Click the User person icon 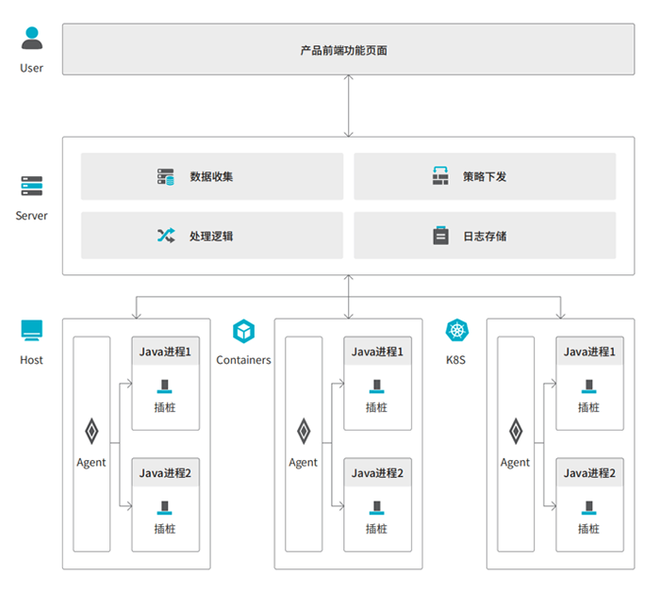[31, 38]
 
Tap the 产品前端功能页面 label [343, 51]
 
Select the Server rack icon [31, 186]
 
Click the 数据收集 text [211, 176]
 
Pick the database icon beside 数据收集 [165, 177]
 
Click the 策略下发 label [485, 176]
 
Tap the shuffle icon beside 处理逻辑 [166, 236]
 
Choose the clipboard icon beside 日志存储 [440, 236]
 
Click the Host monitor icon [31, 331]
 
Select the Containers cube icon [243, 331]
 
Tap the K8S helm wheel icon [456, 331]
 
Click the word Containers [243, 360]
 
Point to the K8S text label [455, 360]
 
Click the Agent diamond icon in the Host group [91, 431]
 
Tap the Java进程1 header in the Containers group [377, 352]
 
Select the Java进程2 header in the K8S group [589, 473]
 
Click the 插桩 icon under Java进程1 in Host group [165, 386]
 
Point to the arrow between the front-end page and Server [348, 107]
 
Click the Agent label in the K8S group [515, 463]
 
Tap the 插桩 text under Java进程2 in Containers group [376, 529]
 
